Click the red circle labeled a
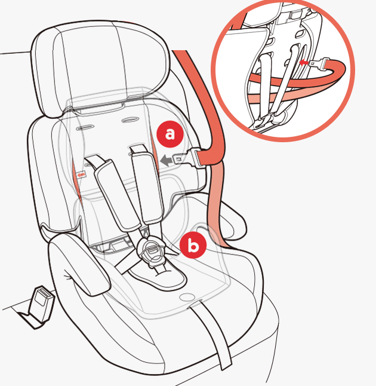pyautogui.click(x=170, y=134)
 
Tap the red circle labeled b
pyautogui.click(x=193, y=245)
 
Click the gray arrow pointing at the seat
pyautogui.click(x=166, y=161)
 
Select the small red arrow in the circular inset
pyautogui.click(x=303, y=63)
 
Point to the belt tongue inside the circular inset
pyautogui.click(x=319, y=63)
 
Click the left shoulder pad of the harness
pyautogui.click(x=116, y=194)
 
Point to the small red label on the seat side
pyautogui.click(x=81, y=175)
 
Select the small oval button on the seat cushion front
pyautogui.click(x=186, y=297)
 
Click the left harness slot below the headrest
pyautogui.click(x=85, y=128)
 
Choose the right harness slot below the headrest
pyautogui.click(x=131, y=120)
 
